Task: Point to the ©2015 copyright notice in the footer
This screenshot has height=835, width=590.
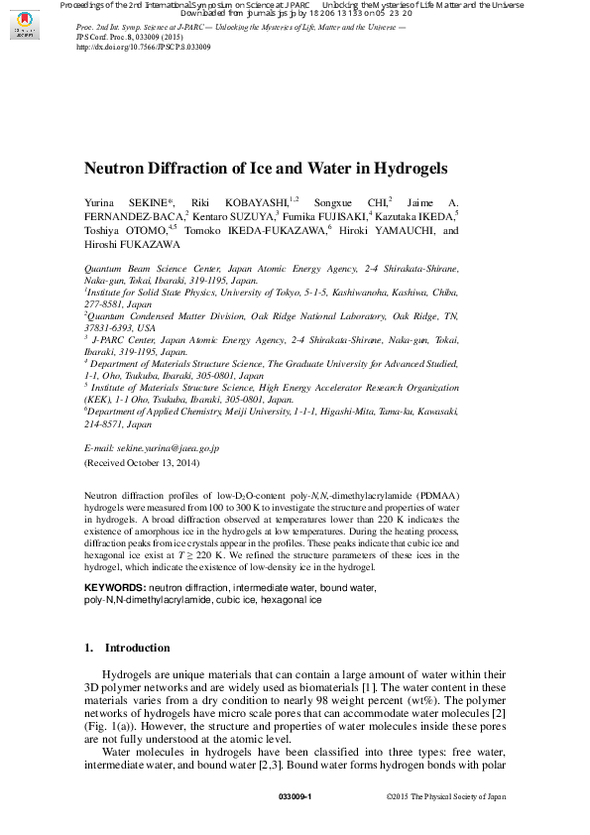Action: (x=445, y=796)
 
